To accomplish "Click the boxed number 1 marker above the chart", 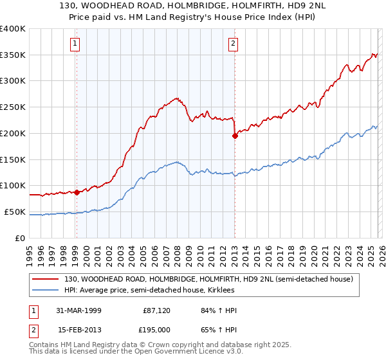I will click(76, 44).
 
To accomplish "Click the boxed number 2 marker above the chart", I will click(232, 44).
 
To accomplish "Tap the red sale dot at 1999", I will click(77, 192).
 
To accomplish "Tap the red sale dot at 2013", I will click(235, 135).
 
